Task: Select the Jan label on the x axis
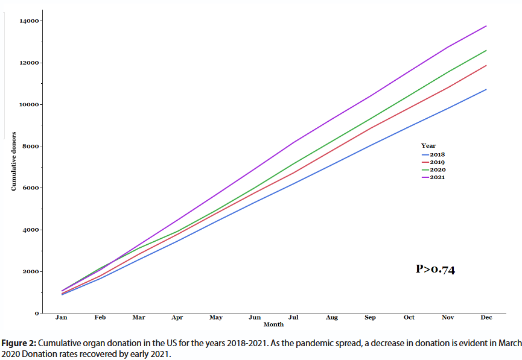(61, 317)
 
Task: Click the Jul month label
(293, 317)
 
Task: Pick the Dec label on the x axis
(486, 317)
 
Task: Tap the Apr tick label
(177, 317)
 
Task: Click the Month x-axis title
(273, 324)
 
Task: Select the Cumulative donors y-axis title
(13, 160)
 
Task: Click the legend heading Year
(428, 146)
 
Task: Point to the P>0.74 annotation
(436, 270)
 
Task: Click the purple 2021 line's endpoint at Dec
(486, 26)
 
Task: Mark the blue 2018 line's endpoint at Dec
(486, 89)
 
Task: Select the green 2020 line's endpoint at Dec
(486, 50)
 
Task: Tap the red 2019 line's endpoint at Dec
(486, 65)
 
